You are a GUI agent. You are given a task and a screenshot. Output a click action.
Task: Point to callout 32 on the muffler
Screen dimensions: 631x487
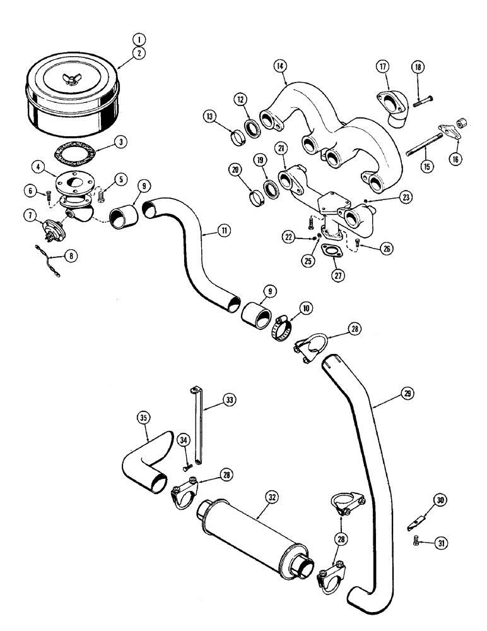pos(271,497)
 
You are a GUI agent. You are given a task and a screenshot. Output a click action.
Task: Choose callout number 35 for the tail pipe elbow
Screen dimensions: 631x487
pos(144,417)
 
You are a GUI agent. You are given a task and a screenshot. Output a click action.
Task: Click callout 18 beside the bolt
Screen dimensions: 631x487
pos(417,68)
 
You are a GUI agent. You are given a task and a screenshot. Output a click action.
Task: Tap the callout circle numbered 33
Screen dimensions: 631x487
pos(227,399)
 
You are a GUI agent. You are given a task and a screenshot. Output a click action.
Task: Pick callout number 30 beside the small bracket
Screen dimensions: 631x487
pos(440,501)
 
